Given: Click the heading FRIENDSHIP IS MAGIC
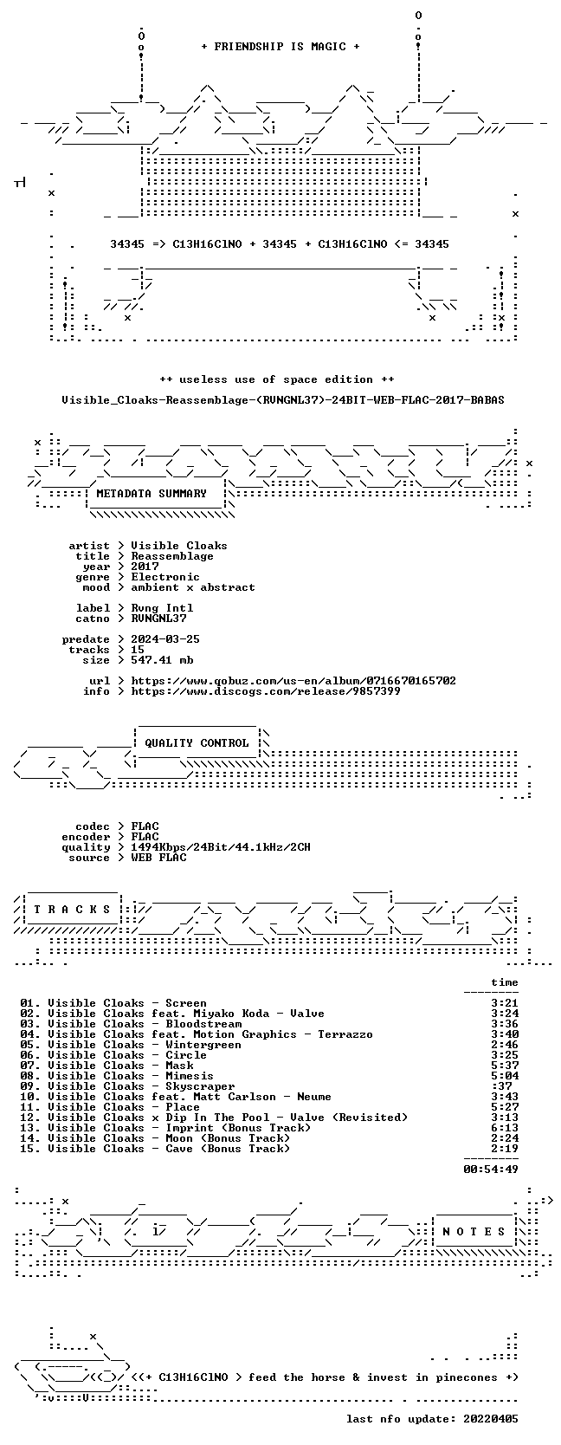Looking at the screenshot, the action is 280,47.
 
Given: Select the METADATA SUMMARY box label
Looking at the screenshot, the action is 152,494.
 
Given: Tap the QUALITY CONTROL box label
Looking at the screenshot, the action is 197,743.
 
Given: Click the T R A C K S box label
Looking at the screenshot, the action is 72,910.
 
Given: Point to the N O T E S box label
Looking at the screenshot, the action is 474,1232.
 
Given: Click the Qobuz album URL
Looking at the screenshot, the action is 293,681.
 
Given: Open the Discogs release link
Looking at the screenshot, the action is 266,691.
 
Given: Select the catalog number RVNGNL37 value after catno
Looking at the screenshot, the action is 158,618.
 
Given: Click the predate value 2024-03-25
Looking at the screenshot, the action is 165,639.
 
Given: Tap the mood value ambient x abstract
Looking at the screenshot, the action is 193,587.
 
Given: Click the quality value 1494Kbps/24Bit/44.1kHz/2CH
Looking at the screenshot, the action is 221,847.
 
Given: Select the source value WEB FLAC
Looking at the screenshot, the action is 158,858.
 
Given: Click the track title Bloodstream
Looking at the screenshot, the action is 203,1024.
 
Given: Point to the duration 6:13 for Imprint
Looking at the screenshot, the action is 504,1128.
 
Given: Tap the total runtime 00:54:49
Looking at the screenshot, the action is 491,1169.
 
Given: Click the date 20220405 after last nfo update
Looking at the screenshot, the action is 491,1418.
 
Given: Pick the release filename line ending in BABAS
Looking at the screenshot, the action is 283,400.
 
